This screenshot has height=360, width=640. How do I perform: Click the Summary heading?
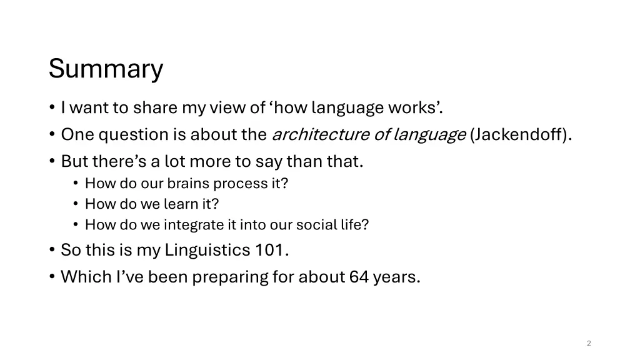(106, 69)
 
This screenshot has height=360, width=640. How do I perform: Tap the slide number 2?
(589, 343)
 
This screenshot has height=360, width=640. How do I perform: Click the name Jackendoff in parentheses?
(520, 134)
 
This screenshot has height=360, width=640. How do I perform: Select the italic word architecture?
(321, 134)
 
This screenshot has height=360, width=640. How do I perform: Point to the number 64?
(359, 277)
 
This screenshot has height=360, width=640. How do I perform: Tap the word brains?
(190, 184)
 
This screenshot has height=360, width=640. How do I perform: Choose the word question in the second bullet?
(134, 134)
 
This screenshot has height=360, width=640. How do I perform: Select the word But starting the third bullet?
(74, 161)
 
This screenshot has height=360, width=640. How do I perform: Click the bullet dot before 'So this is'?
(51, 251)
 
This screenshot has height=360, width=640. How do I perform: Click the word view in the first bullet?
(228, 108)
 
